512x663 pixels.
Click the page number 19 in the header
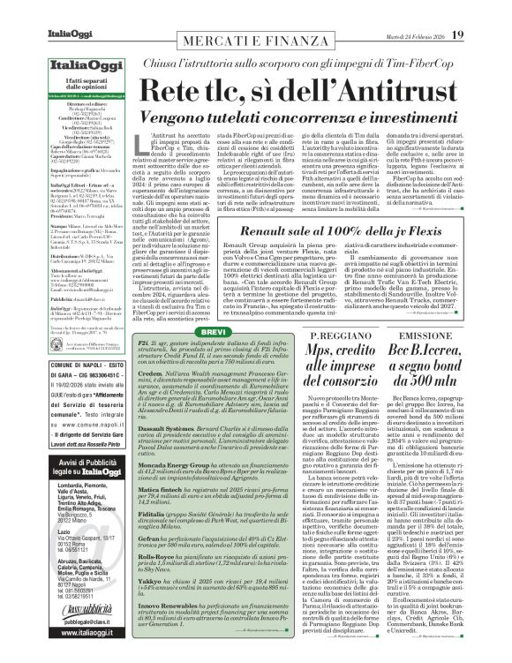tap(484, 11)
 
